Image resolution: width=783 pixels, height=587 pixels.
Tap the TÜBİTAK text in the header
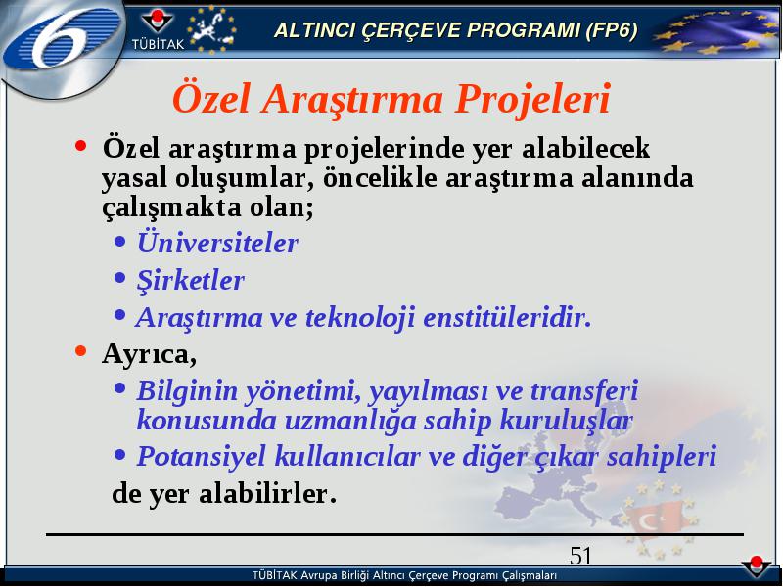158,44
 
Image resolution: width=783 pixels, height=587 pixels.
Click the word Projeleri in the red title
532,99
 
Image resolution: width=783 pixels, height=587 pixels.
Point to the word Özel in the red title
210,98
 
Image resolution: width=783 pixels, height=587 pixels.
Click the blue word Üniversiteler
217,243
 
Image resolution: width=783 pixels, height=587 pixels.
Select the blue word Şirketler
191,280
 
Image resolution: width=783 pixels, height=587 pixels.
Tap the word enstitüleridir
507,317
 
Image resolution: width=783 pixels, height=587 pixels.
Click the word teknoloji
360,318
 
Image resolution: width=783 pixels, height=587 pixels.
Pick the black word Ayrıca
150,354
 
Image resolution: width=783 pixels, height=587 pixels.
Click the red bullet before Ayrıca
80,351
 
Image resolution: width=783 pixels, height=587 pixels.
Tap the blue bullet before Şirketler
119,278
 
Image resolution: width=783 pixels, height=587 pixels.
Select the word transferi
584,390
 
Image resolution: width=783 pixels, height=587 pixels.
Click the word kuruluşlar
567,420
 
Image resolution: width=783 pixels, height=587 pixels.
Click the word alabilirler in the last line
268,493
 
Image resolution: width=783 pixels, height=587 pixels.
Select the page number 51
581,556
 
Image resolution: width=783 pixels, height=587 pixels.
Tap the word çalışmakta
172,207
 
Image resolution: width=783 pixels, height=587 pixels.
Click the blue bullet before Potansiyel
119,454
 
